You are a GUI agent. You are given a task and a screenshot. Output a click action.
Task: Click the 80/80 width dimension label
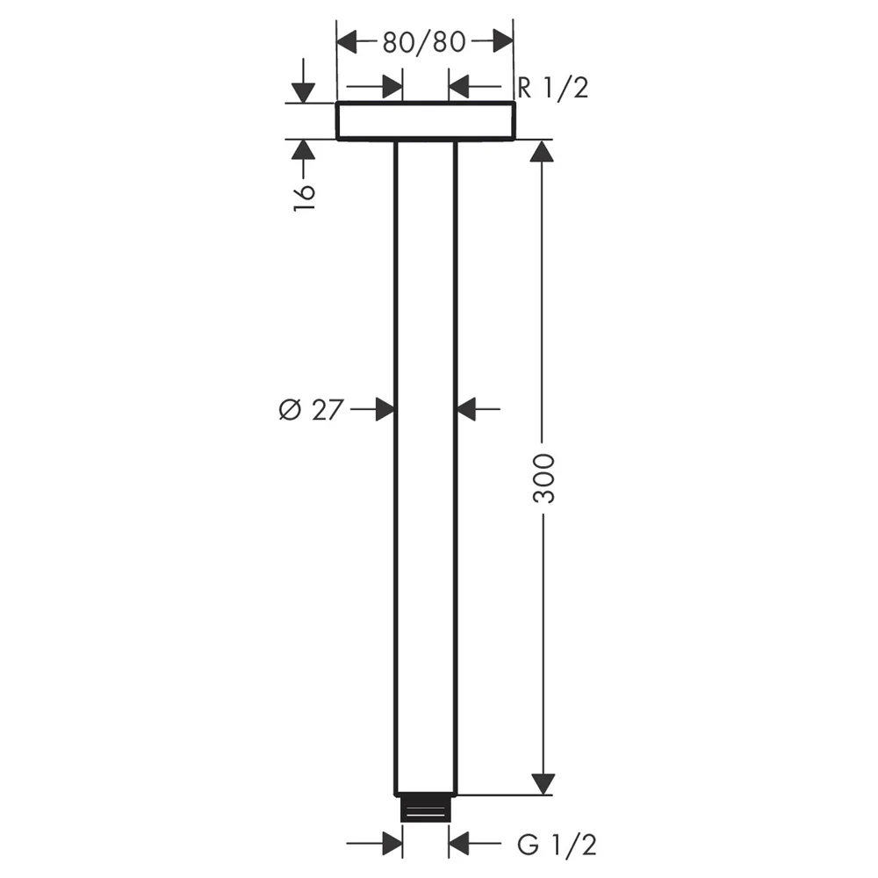point(424,42)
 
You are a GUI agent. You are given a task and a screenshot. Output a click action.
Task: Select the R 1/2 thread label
point(553,88)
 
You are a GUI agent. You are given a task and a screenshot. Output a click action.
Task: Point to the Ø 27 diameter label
point(310,409)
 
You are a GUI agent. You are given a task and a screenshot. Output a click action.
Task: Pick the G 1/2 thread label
point(557,845)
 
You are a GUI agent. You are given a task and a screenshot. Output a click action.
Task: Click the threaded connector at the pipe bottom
point(426,809)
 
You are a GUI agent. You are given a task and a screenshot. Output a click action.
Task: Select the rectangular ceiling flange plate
point(425,120)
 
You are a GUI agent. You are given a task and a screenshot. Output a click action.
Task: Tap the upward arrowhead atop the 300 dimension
point(542,151)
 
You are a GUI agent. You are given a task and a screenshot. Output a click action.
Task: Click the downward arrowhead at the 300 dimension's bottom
point(543,784)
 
